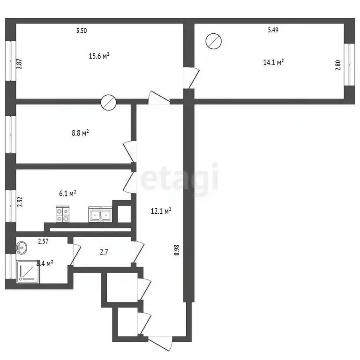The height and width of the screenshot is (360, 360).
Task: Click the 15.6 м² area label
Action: click(99, 56)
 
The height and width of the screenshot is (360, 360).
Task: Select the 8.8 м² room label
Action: click(80, 133)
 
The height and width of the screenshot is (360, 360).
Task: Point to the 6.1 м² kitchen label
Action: click(67, 193)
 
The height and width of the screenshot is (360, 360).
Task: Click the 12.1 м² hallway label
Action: click(161, 211)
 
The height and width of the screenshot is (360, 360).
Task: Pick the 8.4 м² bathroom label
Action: click(45, 263)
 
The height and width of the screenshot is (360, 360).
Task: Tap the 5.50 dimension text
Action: click(82, 31)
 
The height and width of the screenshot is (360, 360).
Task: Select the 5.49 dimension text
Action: click(273, 30)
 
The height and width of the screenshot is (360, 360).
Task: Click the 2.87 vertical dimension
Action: click(20, 63)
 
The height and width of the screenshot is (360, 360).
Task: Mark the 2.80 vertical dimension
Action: click(337, 64)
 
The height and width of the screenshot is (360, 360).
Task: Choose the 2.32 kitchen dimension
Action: click(20, 202)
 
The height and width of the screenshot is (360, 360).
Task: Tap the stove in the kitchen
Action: click(63, 214)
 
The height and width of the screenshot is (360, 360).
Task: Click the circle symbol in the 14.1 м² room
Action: click(213, 41)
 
